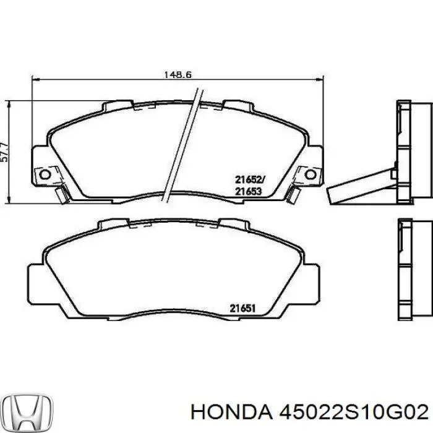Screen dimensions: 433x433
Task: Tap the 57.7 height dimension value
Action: click(x=5, y=150)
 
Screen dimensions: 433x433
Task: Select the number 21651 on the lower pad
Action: click(x=243, y=307)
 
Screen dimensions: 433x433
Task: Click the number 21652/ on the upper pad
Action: click(x=249, y=180)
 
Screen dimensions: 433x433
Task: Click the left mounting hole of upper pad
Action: click(x=44, y=174)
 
